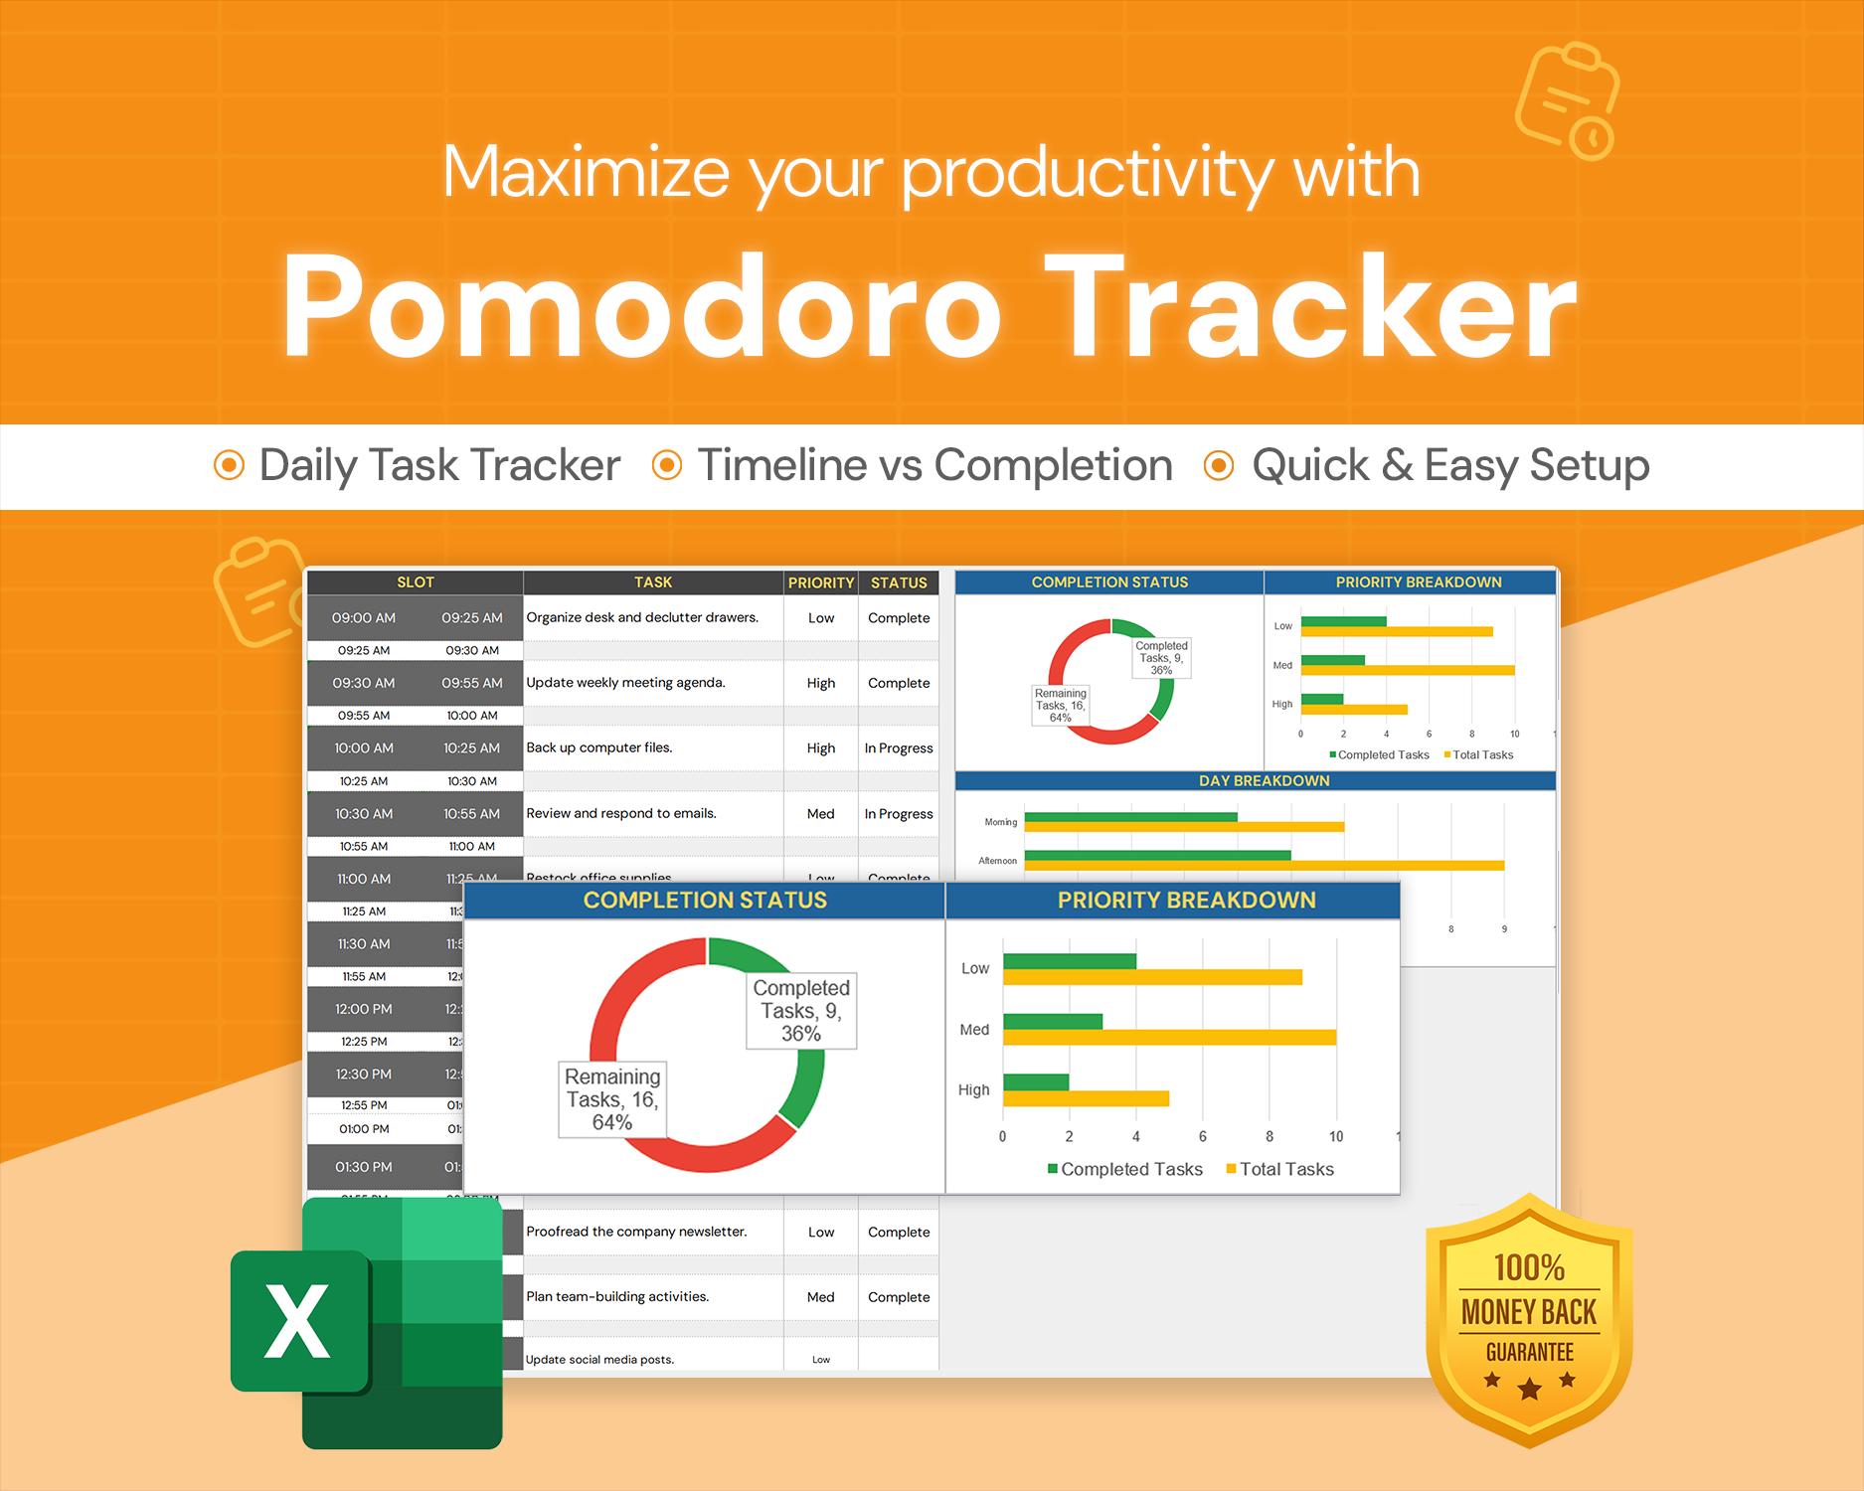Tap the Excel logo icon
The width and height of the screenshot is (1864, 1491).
coord(368,1322)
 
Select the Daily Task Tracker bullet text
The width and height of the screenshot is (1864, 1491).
coord(439,465)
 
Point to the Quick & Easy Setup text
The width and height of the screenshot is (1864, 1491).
coord(1450,465)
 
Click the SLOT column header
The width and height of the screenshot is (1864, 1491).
coord(415,582)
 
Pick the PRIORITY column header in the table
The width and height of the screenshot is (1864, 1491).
coord(820,582)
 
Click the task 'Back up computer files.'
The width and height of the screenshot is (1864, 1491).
coord(599,747)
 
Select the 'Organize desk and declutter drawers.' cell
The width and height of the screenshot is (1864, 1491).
coord(642,617)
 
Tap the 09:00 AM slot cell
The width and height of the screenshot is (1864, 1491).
coord(364,617)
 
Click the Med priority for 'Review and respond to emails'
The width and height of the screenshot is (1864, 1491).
coord(820,813)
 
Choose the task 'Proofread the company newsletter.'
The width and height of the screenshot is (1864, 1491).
coord(636,1232)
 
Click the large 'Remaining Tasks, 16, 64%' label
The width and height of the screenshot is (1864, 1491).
coord(612,1099)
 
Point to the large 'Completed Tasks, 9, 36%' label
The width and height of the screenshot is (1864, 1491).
coord(801,1011)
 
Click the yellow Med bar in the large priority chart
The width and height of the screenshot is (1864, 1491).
coord(1169,1038)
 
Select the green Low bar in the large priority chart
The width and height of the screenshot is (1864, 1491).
coord(1069,961)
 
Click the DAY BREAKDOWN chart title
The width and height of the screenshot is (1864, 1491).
coord(1264,781)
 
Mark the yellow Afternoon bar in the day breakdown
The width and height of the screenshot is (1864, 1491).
coord(1264,866)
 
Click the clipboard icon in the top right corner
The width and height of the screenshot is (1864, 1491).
coord(1567,99)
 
